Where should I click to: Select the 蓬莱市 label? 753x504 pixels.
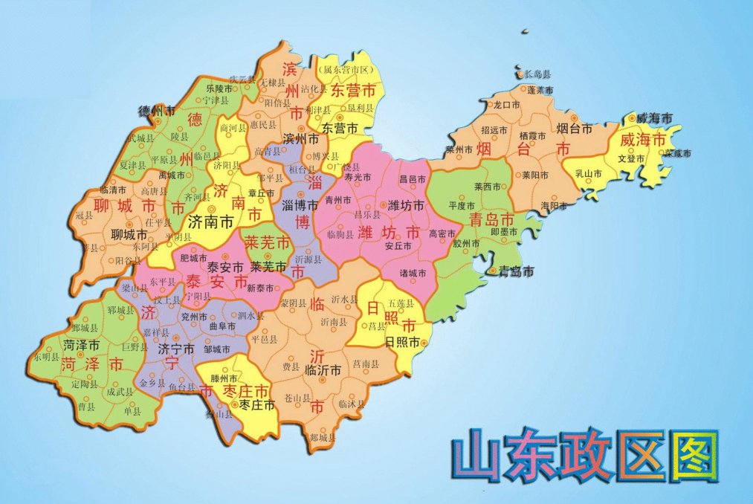[x=540, y=90]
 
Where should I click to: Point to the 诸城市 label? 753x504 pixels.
[x=414, y=273]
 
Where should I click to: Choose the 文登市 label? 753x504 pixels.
[x=630, y=158]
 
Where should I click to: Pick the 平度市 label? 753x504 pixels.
[x=462, y=205]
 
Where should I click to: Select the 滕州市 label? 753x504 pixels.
[x=224, y=378]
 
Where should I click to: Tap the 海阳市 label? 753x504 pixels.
[x=554, y=205]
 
